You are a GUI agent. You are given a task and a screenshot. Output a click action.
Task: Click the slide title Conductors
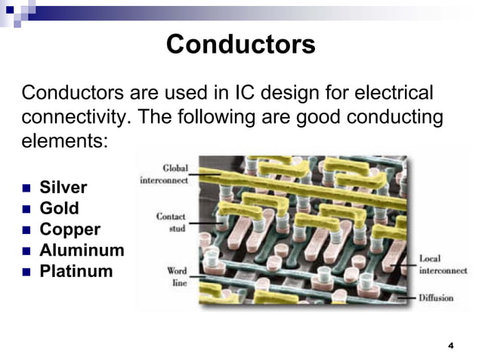click(x=240, y=45)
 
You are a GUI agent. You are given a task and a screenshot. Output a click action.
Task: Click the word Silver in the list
click(x=63, y=187)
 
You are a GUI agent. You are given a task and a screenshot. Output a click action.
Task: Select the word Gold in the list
click(x=59, y=208)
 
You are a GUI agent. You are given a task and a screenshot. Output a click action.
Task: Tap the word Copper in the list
click(x=70, y=229)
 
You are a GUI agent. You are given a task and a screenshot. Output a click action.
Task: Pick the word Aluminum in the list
click(x=82, y=250)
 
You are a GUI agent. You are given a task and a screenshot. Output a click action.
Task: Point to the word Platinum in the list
click(x=76, y=271)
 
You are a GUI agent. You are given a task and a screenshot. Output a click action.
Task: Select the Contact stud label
click(x=171, y=221)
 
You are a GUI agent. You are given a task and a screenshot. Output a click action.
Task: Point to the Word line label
click(x=177, y=276)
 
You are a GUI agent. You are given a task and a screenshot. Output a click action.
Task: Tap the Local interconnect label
click(x=443, y=264)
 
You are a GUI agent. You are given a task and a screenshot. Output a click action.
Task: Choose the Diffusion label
click(x=436, y=298)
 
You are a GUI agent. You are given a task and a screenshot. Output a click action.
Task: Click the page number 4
click(x=451, y=346)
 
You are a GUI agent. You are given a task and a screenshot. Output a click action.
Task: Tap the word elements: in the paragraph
click(x=66, y=140)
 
